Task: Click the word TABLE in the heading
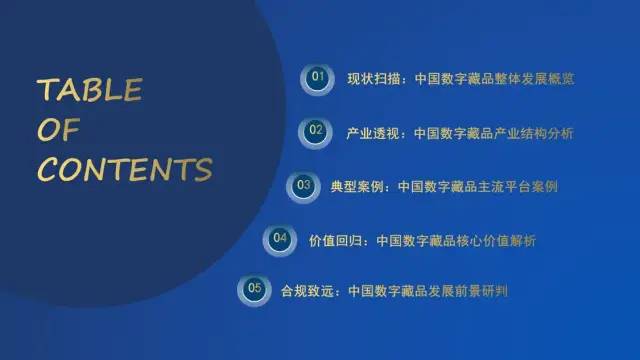pyautogui.click(x=89, y=91)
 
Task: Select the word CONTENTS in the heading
pyautogui.click(x=125, y=169)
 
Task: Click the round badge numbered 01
pyautogui.click(x=319, y=76)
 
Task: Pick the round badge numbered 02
pyautogui.click(x=316, y=130)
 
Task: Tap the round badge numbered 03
pyautogui.click(x=301, y=185)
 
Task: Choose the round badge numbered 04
pyautogui.click(x=279, y=239)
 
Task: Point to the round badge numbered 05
pyautogui.click(x=255, y=290)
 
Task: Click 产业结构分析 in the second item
pyautogui.click(x=538, y=132)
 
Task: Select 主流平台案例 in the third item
pyautogui.click(x=522, y=186)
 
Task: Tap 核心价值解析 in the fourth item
pyautogui.click(x=501, y=240)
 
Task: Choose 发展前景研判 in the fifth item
pyautogui.click(x=474, y=291)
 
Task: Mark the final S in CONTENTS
pyautogui.click(x=203, y=169)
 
